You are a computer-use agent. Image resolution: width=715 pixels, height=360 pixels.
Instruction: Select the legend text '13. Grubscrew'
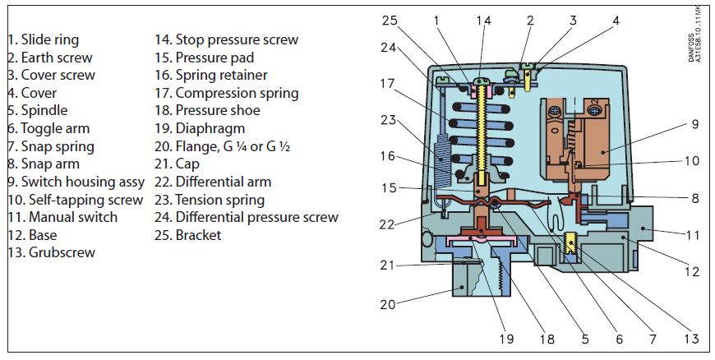(x=51, y=252)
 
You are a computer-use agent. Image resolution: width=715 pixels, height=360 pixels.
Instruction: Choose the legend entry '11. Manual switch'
(x=62, y=217)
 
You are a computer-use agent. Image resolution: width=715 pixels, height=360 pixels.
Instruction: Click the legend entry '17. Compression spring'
(x=227, y=93)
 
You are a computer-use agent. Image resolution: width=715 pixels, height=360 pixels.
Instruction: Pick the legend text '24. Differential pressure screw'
(x=247, y=217)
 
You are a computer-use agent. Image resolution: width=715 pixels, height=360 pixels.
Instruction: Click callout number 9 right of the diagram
(x=694, y=124)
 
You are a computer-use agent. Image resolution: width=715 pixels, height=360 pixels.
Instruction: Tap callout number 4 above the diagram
(x=616, y=19)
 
